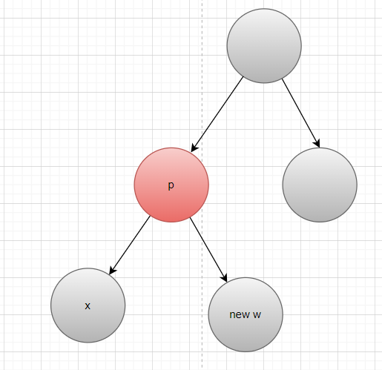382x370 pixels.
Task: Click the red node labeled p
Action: [x=171, y=185]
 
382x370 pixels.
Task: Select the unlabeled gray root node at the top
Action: [x=264, y=46]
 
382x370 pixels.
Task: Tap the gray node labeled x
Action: [x=88, y=305]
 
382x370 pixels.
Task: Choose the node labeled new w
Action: [x=246, y=314]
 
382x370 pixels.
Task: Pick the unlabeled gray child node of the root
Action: [x=320, y=185]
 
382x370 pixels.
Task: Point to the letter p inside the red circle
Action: [x=171, y=185]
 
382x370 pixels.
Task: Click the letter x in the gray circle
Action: [x=88, y=306]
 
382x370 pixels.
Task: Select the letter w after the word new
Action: [x=257, y=315]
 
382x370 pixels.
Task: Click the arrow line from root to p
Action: [x=217, y=114]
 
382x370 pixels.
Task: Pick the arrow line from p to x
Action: [x=130, y=245]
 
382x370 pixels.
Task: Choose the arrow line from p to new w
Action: [x=208, y=250]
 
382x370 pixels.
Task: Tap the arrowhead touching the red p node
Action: [x=194, y=148]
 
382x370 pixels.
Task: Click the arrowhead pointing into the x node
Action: [x=112, y=270]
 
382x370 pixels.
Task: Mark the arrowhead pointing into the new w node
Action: [x=224, y=277]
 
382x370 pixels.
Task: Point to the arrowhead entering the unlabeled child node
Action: [x=317, y=143]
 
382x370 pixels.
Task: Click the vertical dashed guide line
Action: [x=202, y=185]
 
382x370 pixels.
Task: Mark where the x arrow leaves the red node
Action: [x=151, y=216]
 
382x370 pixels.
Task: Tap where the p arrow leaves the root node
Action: [x=244, y=76]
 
